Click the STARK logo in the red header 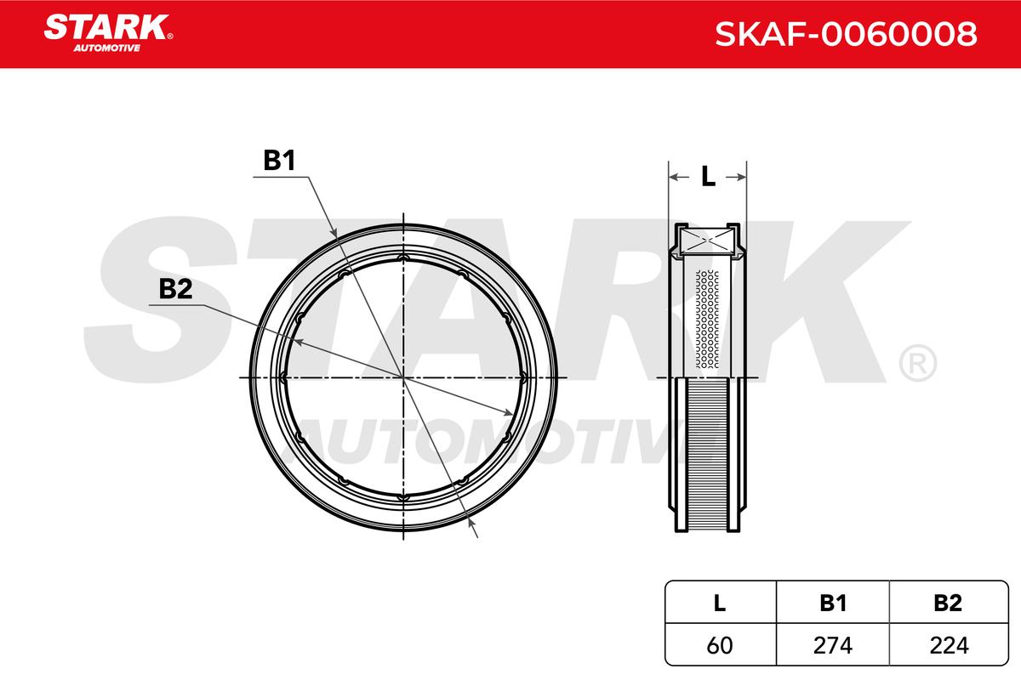click(108, 33)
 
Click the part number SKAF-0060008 click(846, 34)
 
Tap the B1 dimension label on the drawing click(279, 161)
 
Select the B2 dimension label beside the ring click(175, 289)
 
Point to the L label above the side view click(708, 177)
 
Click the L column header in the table click(719, 603)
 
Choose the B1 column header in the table click(833, 603)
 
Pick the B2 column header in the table click(948, 603)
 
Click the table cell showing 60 click(720, 645)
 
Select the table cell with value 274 click(833, 645)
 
